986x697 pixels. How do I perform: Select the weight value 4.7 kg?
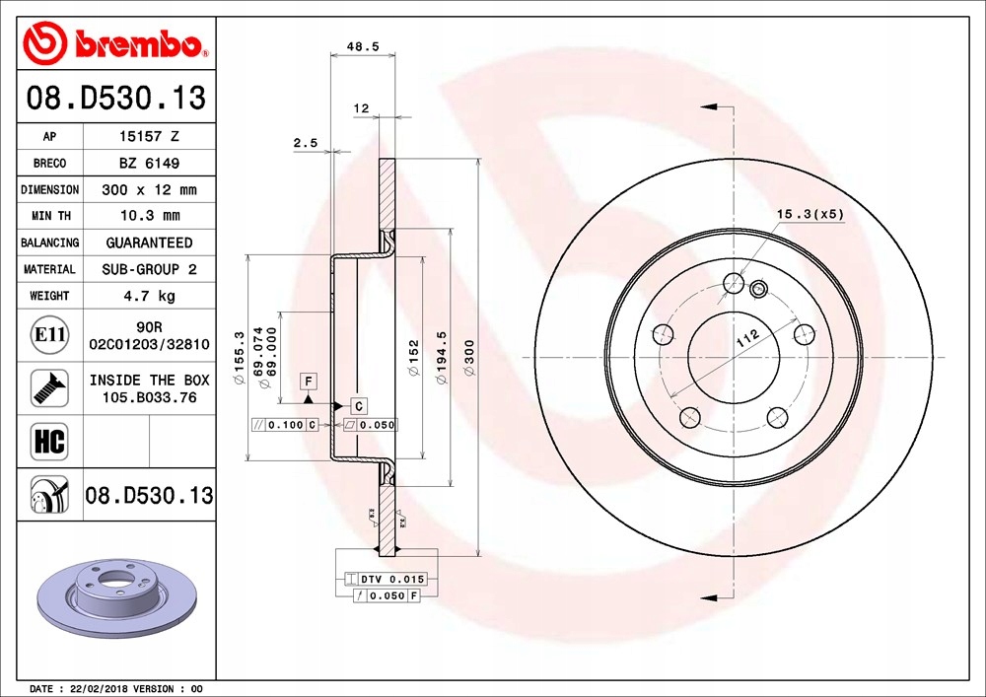coord(149,296)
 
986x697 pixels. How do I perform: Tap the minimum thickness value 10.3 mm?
coord(150,216)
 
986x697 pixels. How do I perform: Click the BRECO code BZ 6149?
coord(149,163)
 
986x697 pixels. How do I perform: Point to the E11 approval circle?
coord(49,334)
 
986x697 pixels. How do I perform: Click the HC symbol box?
coord(49,442)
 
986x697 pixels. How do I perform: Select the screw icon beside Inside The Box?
coord(49,387)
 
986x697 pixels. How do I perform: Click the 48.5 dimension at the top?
coord(363,46)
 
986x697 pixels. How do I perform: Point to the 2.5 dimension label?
coord(306,143)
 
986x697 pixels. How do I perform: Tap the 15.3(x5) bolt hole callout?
coord(810,214)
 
